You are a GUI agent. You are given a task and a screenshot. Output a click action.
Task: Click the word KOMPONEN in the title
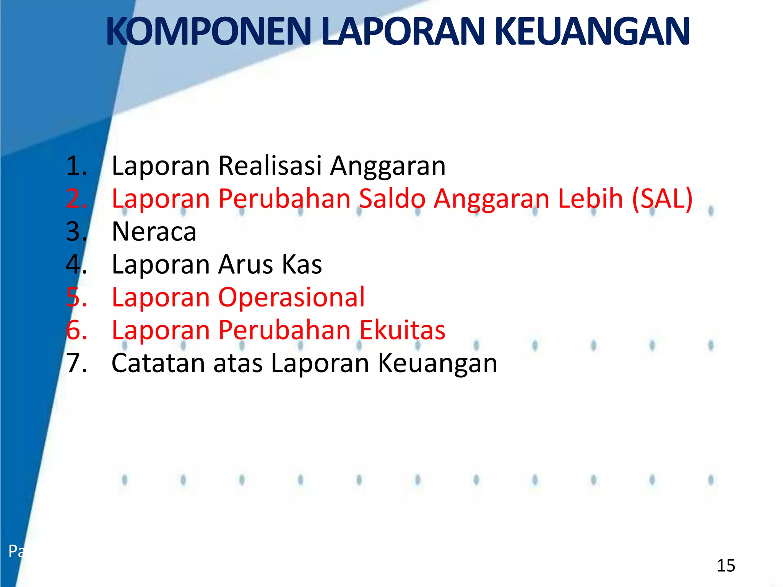tap(209, 31)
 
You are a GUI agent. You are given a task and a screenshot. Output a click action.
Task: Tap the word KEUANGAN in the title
tap(592, 31)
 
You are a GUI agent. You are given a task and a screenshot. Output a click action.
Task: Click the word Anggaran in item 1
tap(388, 166)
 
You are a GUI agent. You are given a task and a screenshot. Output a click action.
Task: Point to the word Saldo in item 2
tap(392, 199)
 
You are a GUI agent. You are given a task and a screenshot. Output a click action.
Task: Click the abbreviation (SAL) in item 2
tap(662, 199)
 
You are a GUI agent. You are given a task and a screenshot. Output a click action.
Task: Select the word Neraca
tap(154, 232)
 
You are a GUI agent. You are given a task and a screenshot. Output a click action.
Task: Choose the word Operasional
tap(291, 297)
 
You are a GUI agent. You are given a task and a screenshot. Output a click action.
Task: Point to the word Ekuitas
tap(403, 330)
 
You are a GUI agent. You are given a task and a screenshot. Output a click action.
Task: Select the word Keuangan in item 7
tap(438, 363)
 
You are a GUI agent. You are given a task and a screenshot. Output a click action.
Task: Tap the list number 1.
tap(76, 166)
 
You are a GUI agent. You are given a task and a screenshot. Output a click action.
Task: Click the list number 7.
tap(76, 363)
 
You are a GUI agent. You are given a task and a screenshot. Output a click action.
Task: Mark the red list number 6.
tap(76, 330)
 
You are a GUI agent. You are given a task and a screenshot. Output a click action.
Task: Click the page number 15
tap(726, 566)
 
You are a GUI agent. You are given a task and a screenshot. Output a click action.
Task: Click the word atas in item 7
tap(238, 363)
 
